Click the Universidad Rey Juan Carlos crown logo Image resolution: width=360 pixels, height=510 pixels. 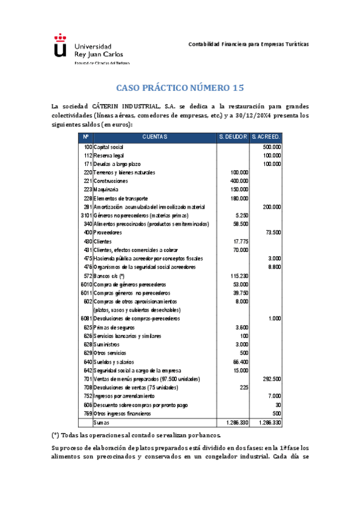(59, 48)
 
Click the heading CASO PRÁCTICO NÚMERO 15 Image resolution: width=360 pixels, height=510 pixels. (180, 88)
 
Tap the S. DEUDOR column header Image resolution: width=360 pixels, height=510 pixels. (233, 137)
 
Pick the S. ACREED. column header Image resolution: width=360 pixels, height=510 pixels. (266, 137)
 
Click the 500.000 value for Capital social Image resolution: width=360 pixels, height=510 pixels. (272, 147)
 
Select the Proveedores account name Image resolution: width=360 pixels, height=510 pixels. (108, 232)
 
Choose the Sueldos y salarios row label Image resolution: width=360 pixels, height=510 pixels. (114, 362)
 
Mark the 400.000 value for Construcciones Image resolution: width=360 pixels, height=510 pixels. (239, 180)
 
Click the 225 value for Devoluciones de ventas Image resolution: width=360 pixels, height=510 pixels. (243, 388)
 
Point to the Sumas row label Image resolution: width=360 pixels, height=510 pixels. (101, 423)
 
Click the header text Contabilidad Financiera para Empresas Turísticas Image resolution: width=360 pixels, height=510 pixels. (249, 45)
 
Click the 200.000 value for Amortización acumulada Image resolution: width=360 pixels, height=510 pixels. (272, 206)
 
